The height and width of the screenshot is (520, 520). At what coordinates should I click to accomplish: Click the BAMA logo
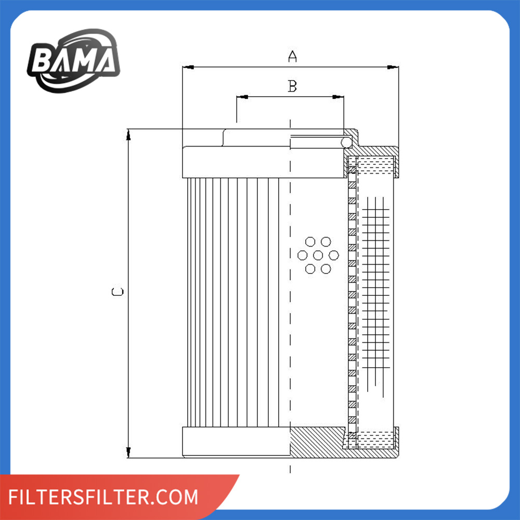click(x=74, y=61)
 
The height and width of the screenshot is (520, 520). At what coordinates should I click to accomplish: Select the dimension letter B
click(x=292, y=86)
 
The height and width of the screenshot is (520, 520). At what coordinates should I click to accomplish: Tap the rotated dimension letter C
click(x=118, y=292)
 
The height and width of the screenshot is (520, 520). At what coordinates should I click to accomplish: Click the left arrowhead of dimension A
click(x=188, y=67)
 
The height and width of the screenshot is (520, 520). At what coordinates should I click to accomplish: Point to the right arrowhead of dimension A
click(x=393, y=67)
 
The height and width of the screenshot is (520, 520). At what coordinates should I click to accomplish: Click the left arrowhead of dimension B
click(x=242, y=97)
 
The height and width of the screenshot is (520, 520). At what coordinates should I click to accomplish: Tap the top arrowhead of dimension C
click(x=128, y=135)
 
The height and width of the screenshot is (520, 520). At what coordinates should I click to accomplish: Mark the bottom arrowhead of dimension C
click(x=128, y=452)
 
